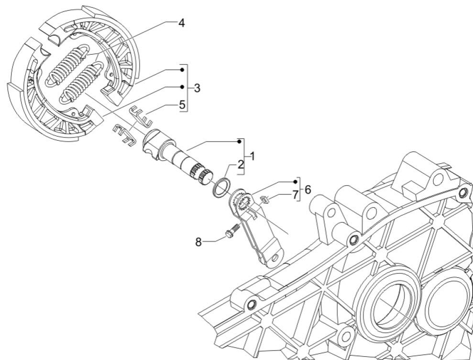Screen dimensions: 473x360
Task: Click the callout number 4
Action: tap(181, 22)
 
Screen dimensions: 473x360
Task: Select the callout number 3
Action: tap(197, 88)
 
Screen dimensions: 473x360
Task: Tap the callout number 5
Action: tap(182, 105)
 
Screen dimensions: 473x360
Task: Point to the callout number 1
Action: tap(253, 157)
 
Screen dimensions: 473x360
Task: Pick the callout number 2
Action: tap(241, 165)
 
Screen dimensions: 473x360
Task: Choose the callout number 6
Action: tap(308, 190)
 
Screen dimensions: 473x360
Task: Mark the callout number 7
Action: tap(295, 195)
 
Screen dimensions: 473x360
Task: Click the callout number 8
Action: tap(198, 242)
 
